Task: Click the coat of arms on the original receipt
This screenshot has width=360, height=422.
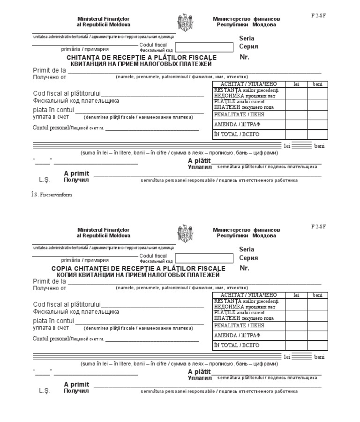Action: click(x=184, y=22)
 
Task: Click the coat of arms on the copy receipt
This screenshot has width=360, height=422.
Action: click(x=184, y=233)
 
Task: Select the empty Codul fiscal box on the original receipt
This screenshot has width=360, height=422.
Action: click(x=204, y=47)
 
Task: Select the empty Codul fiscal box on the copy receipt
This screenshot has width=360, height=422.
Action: click(x=204, y=258)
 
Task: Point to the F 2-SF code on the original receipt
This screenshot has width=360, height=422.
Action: click(x=318, y=15)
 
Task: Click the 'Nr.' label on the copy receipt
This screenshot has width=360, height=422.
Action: click(x=244, y=268)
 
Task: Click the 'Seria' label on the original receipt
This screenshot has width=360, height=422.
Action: click(x=247, y=38)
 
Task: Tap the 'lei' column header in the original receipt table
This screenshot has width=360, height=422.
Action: click(x=296, y=84)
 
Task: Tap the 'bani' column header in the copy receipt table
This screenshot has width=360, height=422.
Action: click(x=318, y=295)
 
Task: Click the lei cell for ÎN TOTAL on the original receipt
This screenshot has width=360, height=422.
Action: click(x=296, y=135)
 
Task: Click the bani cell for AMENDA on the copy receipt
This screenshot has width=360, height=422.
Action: click(x=318, y=335)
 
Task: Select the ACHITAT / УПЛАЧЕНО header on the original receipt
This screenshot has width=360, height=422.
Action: click(x=248, y=84)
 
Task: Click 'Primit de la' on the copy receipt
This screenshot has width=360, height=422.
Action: click(x=49, y=281)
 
